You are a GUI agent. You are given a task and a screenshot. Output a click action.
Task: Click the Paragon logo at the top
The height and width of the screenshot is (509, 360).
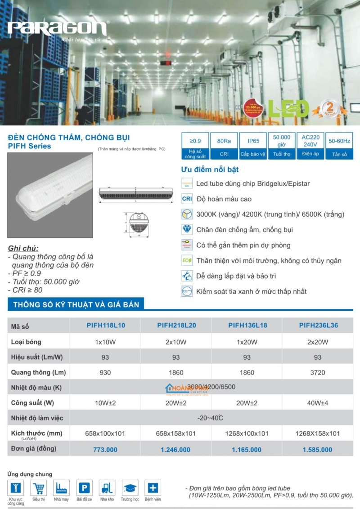[x=58, y=29]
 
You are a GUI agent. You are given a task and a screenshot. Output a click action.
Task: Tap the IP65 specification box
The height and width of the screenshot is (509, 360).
[x=252, y=146]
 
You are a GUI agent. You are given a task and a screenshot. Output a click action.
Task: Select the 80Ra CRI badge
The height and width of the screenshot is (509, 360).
[x=224, y=146]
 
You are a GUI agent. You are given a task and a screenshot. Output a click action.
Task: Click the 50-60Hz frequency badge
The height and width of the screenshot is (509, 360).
[x=339, y=146]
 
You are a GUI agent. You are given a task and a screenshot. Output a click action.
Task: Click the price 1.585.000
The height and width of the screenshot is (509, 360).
[x=317, y=449]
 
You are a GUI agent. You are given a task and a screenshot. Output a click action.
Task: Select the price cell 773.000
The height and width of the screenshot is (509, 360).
[x=105, y=449]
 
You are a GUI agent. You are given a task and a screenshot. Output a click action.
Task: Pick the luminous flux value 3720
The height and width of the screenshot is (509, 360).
[x=317, y=372]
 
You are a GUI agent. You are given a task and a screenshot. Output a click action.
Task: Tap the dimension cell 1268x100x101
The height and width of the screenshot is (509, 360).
[x=247, y=433]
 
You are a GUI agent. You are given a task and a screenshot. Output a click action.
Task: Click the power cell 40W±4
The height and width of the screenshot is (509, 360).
[x=317, y=403]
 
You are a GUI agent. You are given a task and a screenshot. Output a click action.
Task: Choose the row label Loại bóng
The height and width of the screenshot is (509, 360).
[x=26, y=342]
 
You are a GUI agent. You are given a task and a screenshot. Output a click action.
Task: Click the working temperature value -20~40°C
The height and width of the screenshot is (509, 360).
[x=211, y=418]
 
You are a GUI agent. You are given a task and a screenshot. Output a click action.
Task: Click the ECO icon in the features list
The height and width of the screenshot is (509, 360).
[x=187, y=261]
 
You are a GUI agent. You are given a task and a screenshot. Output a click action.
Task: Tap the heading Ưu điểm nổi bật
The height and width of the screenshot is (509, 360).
[x=210, y=170]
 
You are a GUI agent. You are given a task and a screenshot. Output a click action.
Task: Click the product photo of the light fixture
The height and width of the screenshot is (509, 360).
[x=50, y=195]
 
